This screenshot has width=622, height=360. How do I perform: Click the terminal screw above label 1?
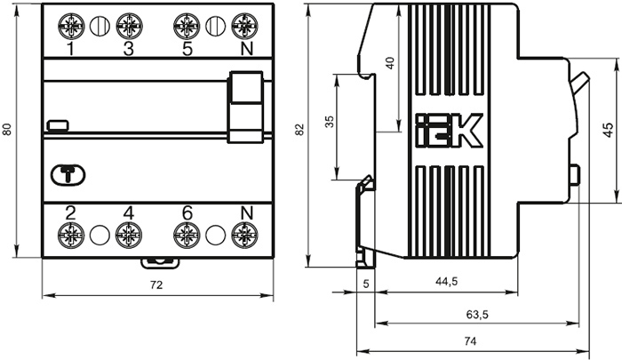click(71, 26)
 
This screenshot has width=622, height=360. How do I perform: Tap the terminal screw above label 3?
click(129, 26)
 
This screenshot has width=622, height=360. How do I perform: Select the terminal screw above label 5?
click(187, 26)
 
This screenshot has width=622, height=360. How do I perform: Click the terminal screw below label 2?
click(71, 236)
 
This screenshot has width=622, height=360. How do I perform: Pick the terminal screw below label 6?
click(187, 236)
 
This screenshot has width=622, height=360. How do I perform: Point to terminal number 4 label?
click(129, 213)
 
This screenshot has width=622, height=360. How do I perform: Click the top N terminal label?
click(246, 49)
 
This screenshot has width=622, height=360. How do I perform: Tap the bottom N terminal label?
click(246, 213)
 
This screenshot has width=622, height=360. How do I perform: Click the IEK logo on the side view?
click(449, 131)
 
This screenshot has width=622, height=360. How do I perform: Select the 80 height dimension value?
click(7, 130)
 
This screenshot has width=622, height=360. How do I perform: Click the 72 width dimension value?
click(156, 285)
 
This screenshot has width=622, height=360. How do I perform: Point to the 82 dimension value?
click(300, 130)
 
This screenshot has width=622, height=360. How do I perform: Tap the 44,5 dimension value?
click(446, 282)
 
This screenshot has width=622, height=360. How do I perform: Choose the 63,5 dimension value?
click(477, 315)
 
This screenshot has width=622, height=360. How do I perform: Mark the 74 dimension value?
click(470, 341)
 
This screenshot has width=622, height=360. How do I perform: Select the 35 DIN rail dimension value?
click(330, 122)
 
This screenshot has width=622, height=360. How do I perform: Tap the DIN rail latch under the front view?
click(160, 263)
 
